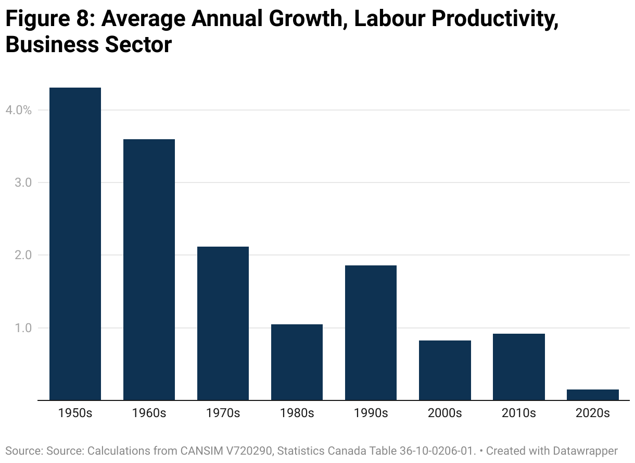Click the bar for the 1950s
[75, 244]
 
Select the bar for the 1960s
[149, 270]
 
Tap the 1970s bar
[223, 323]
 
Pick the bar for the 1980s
[297, 362]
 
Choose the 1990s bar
[371, 333]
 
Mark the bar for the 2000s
[444, 370]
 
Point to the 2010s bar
[518, 367]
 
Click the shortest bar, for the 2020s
[592, 395]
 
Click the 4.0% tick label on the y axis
[19, 110]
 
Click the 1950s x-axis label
[75, 413]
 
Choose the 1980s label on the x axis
[297, 413]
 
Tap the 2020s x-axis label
[592, 413]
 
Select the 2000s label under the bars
[444, 413]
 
